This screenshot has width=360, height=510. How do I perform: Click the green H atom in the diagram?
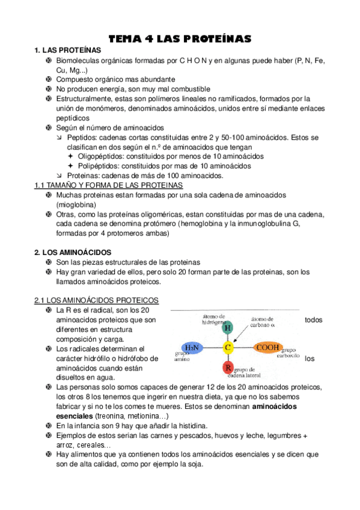pos(227,328)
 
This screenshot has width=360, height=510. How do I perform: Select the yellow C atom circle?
pos(227,348)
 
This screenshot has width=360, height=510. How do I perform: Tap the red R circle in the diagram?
pos(227,367)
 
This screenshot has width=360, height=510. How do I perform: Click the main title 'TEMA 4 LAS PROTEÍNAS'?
pos(179,39)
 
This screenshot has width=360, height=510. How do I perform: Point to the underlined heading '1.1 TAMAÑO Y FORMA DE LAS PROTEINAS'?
pos(108,185)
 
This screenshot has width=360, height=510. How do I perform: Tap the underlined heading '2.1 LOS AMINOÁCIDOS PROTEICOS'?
pos(96,300)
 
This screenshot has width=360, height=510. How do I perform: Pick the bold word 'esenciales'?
pos(75,416)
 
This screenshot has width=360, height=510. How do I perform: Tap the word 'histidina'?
pos(190,425)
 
